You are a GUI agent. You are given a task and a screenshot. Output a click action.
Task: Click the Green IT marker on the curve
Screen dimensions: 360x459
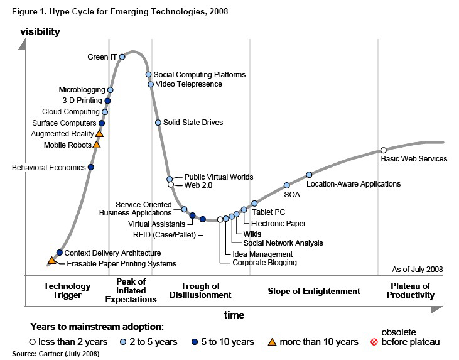pos(122,57)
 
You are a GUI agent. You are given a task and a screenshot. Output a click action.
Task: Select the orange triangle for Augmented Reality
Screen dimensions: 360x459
pos(99,133)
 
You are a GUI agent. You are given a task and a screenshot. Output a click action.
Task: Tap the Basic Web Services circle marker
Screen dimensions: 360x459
pos(383,150)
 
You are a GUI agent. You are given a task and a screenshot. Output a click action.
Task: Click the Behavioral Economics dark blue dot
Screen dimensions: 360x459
pos(91,167)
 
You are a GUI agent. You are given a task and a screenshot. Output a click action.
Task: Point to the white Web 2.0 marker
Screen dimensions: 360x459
pos(170,185)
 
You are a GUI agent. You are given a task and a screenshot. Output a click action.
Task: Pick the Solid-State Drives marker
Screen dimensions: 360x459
pos(158,123)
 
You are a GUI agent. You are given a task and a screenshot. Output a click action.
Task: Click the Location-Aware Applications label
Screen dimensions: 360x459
pos(353,184)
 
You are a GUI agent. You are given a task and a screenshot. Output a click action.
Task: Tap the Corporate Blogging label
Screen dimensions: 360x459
pos(264,263)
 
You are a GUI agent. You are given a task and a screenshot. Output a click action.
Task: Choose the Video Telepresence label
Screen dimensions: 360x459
pos(188,84)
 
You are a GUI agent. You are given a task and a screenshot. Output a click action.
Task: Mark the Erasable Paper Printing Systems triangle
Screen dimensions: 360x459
pos(51,260)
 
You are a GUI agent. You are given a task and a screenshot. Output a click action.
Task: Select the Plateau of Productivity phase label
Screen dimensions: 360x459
pos(411,291)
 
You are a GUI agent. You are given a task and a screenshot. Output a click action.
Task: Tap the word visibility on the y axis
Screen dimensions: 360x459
pos(40,31)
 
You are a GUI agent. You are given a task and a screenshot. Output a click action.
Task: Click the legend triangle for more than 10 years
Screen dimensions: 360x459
pos(272,342)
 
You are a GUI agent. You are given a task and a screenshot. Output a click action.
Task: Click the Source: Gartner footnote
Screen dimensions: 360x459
pos(51,354)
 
